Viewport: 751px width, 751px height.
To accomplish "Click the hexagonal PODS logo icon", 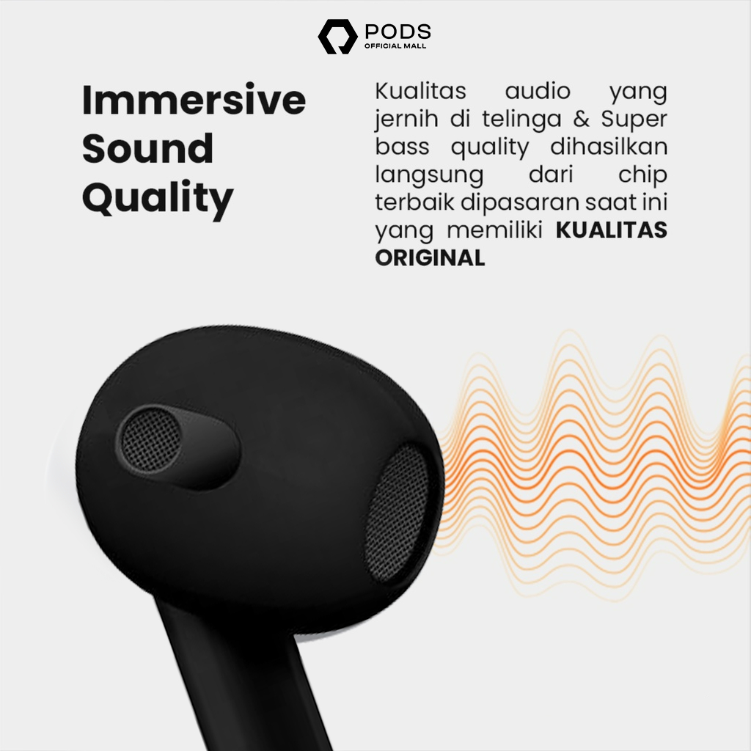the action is (x=337, y=37).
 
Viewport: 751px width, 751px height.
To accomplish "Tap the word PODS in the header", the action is (x=398, y=32).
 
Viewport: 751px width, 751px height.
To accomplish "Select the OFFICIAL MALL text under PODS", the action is (x=395, y=46).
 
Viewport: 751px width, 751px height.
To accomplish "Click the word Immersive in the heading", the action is (x=194, y=100).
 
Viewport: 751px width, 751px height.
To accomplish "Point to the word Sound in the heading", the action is (x=147, y=148).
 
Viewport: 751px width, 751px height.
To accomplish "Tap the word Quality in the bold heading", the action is (x=158, y=199).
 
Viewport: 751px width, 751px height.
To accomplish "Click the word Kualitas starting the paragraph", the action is (x=420, y=91).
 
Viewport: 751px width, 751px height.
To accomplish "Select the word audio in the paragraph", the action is (x=538, y=91).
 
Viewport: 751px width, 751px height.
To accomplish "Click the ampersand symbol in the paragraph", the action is (x=581, y=119).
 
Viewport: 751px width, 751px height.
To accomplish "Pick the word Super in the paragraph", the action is (x=634, y=120).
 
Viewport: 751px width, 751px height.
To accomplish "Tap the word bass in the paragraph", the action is (x=402, y=147).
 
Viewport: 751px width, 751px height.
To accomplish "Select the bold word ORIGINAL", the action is (x=430, y=257).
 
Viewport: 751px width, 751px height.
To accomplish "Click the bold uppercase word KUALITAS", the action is (x=611, y=230).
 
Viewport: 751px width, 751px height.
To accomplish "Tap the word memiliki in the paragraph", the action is (x=494, y=230).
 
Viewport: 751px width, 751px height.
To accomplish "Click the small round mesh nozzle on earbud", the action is (x=150, y=441).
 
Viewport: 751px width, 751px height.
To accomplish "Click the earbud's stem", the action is (x=244, y=680).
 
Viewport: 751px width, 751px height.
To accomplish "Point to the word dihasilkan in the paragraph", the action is (x=609, y=147).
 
